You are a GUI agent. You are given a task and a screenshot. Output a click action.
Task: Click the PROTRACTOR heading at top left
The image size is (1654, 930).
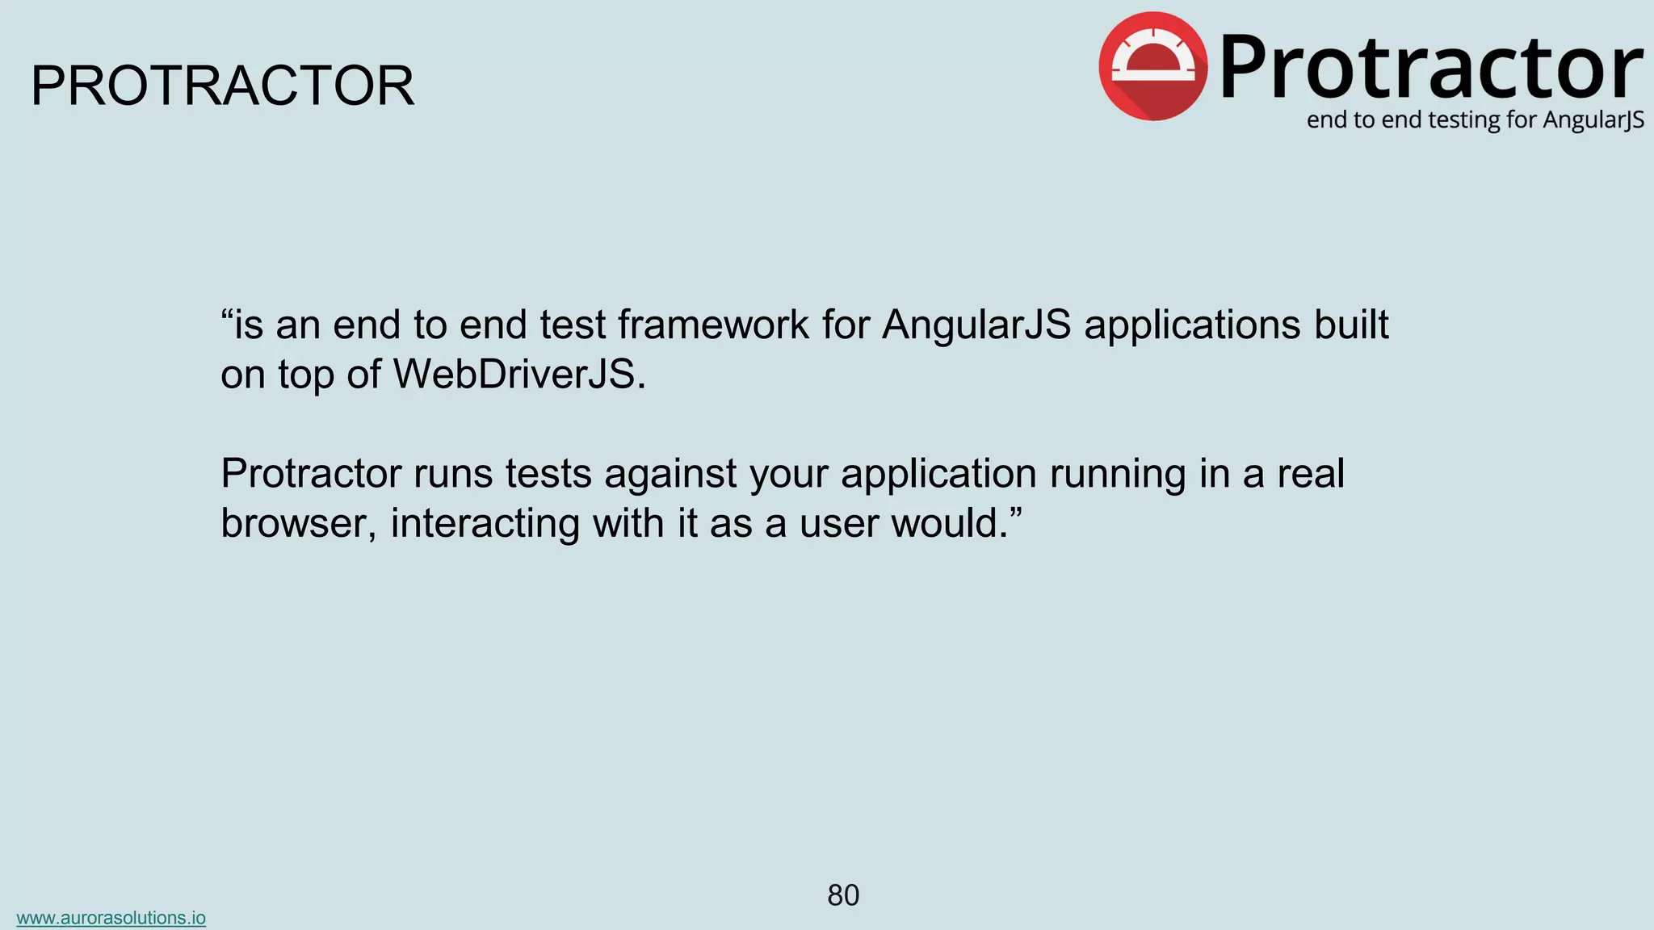222,86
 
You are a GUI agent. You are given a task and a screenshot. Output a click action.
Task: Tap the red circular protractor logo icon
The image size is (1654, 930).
1153,66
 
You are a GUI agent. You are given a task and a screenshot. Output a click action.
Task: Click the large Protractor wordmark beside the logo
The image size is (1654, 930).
1430,68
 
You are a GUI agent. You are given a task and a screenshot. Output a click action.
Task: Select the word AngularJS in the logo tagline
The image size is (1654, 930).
1593,120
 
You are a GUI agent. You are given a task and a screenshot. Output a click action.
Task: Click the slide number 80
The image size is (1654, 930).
843,895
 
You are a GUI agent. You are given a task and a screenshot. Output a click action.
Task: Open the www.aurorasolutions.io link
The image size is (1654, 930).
111,918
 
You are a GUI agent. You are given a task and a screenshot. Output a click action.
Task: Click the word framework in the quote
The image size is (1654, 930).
713,325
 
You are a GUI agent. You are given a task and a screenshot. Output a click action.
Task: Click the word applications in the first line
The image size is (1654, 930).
1192,325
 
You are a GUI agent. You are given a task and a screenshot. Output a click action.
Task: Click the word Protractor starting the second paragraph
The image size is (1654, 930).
310,473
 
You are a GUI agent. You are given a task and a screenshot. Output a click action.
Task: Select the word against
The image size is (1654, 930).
670,475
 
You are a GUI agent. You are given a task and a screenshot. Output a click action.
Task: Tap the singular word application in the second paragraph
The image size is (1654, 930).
938,475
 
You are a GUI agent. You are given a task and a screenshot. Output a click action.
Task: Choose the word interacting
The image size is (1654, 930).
485,523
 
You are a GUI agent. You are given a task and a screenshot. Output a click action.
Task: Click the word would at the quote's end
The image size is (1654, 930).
949,523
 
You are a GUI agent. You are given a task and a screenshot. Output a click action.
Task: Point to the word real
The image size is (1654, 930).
1310,473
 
